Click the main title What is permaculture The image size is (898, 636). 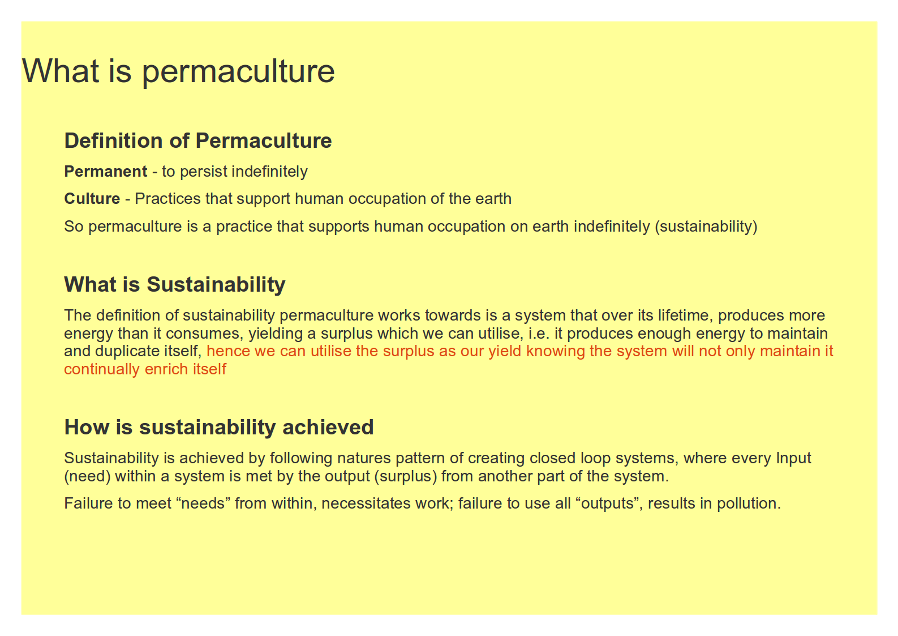178,71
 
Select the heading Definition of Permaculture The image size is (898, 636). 198,141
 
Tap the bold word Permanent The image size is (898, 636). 106,172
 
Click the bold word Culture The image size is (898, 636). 92,199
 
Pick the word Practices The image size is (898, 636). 167,199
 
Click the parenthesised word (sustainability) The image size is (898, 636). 706,227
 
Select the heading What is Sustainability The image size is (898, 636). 175,284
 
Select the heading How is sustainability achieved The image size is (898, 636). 219,427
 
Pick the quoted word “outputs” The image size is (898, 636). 611,503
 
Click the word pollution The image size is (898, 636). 749,503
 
